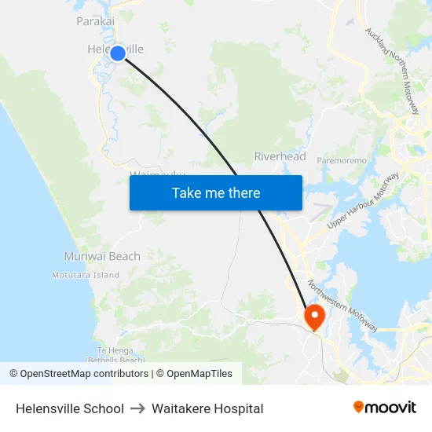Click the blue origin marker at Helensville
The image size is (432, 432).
117,53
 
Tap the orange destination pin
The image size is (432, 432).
314,317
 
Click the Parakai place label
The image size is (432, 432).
96,21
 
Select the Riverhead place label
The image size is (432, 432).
280,156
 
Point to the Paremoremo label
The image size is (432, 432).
342,160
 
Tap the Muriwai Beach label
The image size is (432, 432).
102,256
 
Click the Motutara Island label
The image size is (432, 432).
86,275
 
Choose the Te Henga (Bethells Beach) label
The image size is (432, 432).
115,354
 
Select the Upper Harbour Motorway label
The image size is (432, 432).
364,200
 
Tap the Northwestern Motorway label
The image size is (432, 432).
343,306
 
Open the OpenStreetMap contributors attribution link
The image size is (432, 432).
84,374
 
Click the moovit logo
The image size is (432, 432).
385,408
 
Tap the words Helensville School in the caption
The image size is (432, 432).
70,408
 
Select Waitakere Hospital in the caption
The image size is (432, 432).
207,408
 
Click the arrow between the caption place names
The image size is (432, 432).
137,408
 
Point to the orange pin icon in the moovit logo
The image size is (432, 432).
359,407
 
